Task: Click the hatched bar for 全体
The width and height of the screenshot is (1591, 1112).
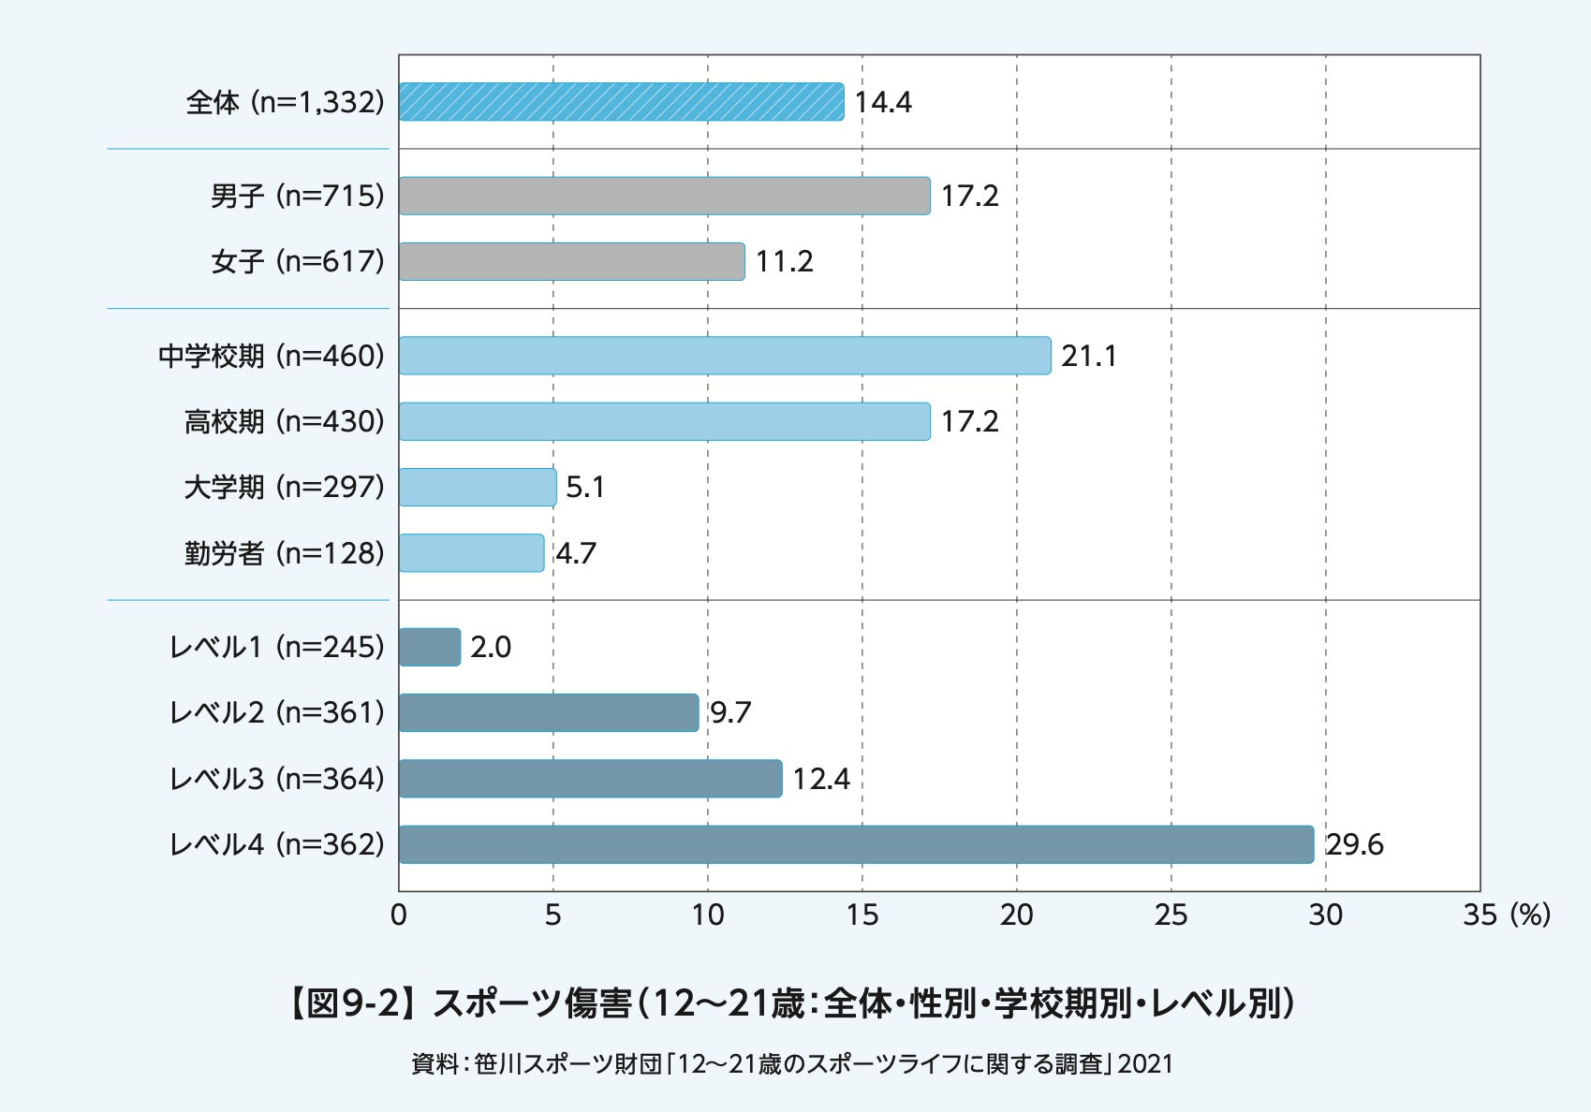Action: click(x=621, y=102)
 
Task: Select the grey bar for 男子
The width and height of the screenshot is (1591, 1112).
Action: click(x=664, y=196)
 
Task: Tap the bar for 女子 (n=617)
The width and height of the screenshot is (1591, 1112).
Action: click(x=571, y=261)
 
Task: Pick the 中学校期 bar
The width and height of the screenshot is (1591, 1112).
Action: click(x=725, y=356)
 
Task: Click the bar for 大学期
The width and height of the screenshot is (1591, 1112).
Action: click(x=478, y=487)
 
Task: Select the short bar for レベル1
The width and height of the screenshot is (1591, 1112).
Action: click(x=430, y=647)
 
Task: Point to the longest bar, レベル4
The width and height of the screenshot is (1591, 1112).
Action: click(x=856, y=844)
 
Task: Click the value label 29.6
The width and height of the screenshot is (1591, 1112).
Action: click(x=1354, y=844)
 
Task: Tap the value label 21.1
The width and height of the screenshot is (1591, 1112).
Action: click(x=1088, y=356)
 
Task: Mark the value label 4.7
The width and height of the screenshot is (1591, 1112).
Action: click(x=576, y=553)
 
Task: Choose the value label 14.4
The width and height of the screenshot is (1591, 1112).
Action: click(x=882, y=102)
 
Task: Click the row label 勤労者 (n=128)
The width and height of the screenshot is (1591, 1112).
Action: click(x=285, y=553)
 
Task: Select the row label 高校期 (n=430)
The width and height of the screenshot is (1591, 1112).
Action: click(x=285, y=421)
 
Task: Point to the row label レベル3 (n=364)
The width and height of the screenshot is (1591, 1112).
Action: click(x=277, y=779)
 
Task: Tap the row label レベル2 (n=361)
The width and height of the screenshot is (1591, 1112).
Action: click(x=277, y=712)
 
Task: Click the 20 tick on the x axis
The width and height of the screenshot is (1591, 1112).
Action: click(x=1016, y=914)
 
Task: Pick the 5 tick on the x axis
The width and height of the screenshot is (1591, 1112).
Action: click(x=552, y=914)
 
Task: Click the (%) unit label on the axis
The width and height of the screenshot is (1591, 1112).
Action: click(x=1530, y=914)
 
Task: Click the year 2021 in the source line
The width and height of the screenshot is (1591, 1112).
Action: click(x=1145, y=1064)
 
